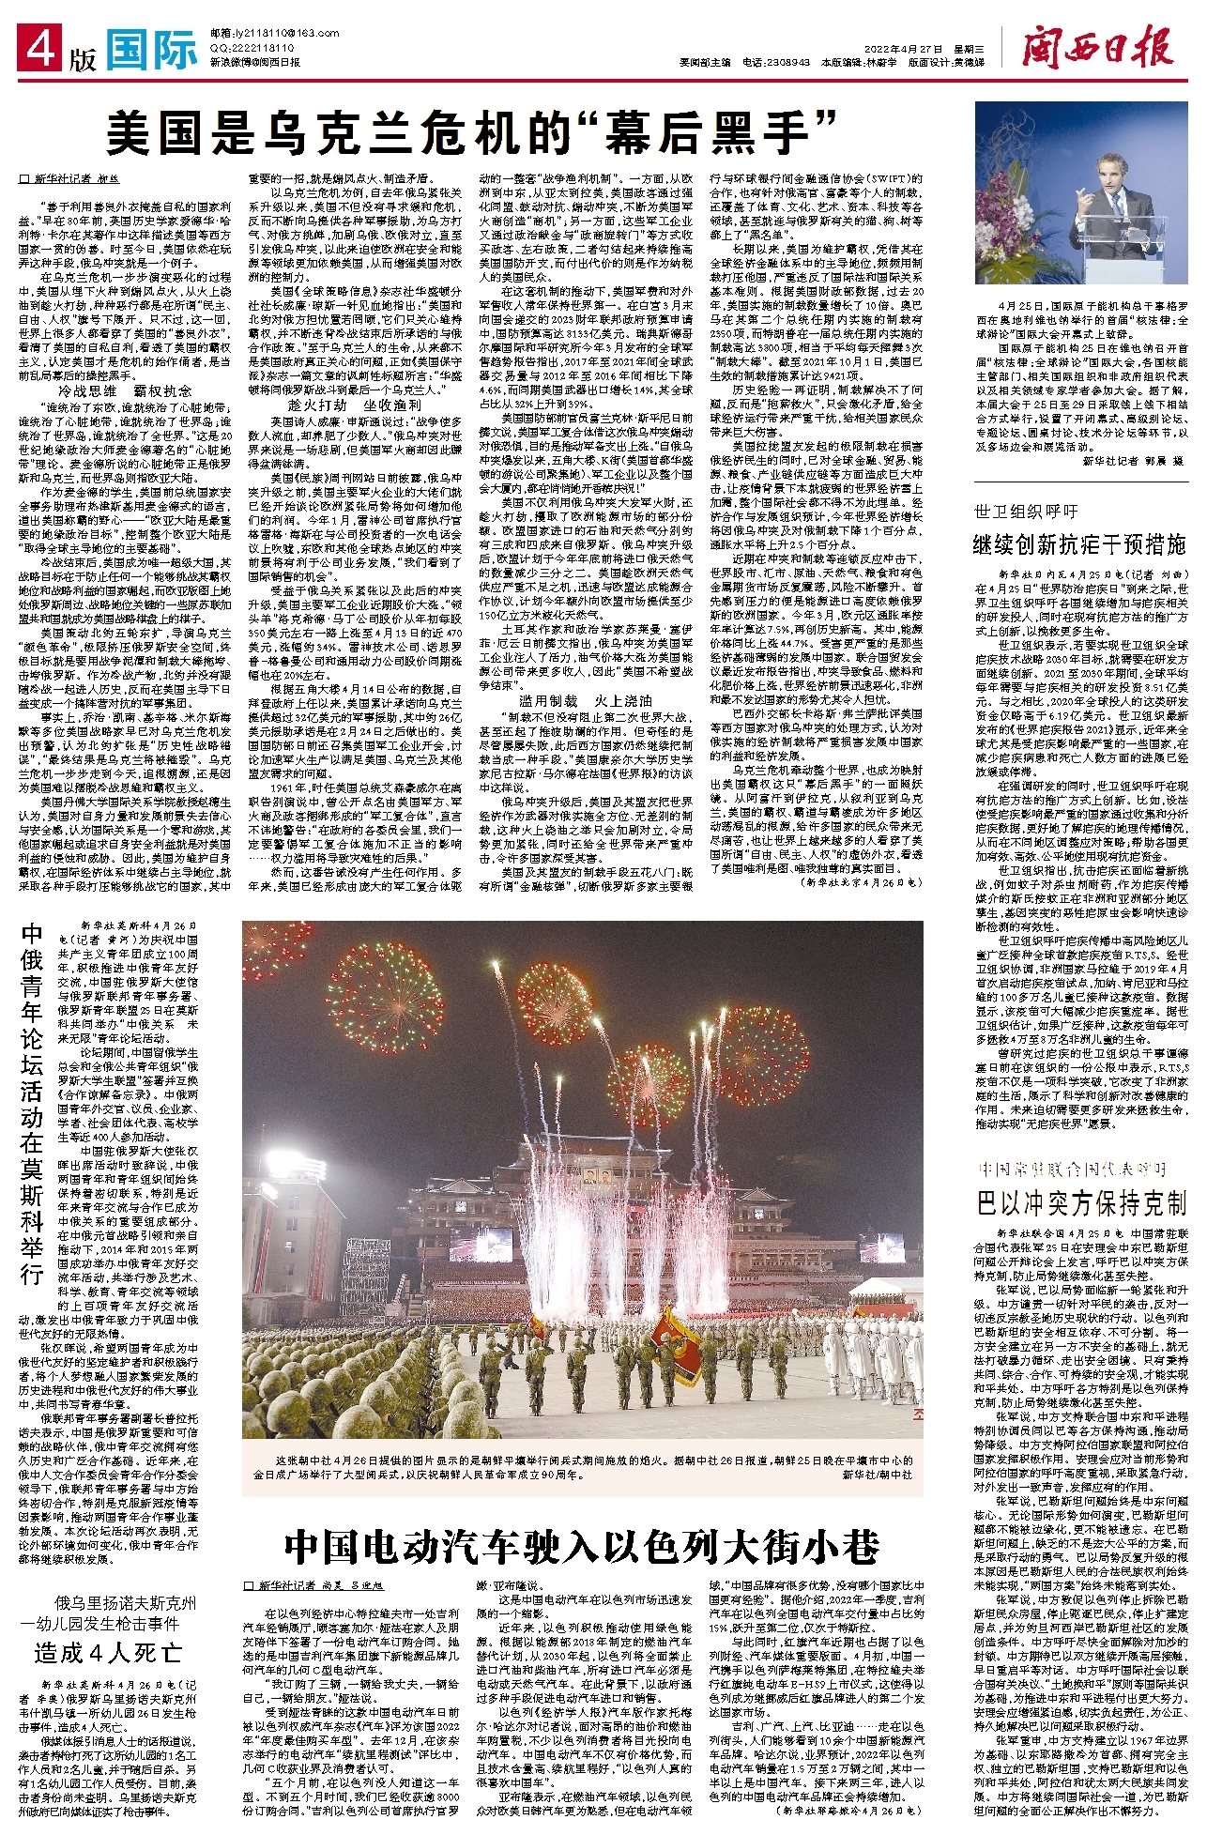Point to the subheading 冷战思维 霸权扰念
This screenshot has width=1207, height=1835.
(125, 390)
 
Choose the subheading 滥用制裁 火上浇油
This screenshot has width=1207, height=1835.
(584, 700)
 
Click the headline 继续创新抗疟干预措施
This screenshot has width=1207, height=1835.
(1080, 544)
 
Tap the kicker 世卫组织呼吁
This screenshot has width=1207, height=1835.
(1026, 512)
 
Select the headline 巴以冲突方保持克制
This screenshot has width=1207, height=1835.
(1081, 1203)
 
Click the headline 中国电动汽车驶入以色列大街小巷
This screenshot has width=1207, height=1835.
(582, 1545)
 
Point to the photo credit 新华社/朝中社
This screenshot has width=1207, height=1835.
(877, 1476)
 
